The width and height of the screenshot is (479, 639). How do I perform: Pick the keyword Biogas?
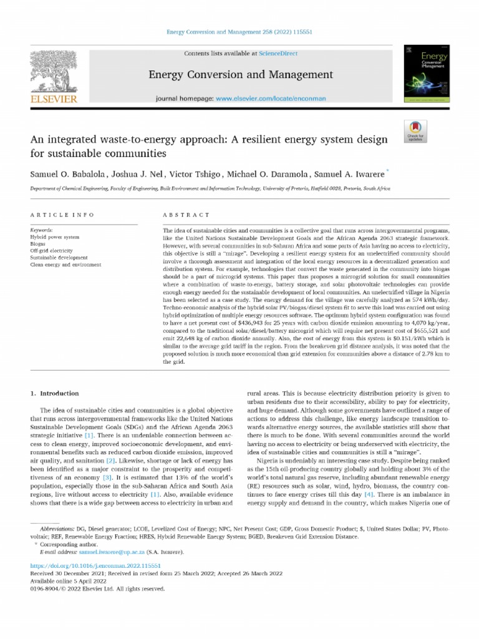coord(39,244)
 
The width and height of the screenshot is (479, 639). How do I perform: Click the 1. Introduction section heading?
coord(55,394)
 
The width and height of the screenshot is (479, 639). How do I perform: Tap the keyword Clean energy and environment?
coord(65,265)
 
